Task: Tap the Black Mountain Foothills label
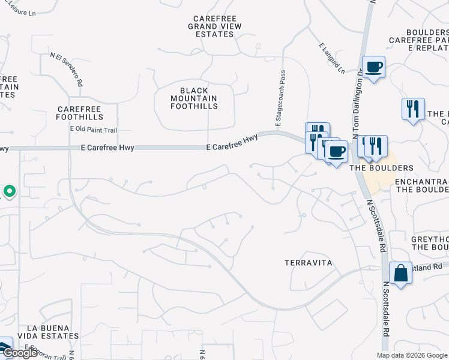193,98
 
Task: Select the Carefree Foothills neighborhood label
80,113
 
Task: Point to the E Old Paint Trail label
93,129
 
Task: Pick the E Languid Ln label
332,58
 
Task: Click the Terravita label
307,263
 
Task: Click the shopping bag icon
400,273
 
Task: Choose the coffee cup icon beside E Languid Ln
373,67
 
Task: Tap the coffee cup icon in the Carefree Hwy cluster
336,151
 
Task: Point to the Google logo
20,353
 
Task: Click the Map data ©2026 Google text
412,355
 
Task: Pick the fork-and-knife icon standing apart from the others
413,109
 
